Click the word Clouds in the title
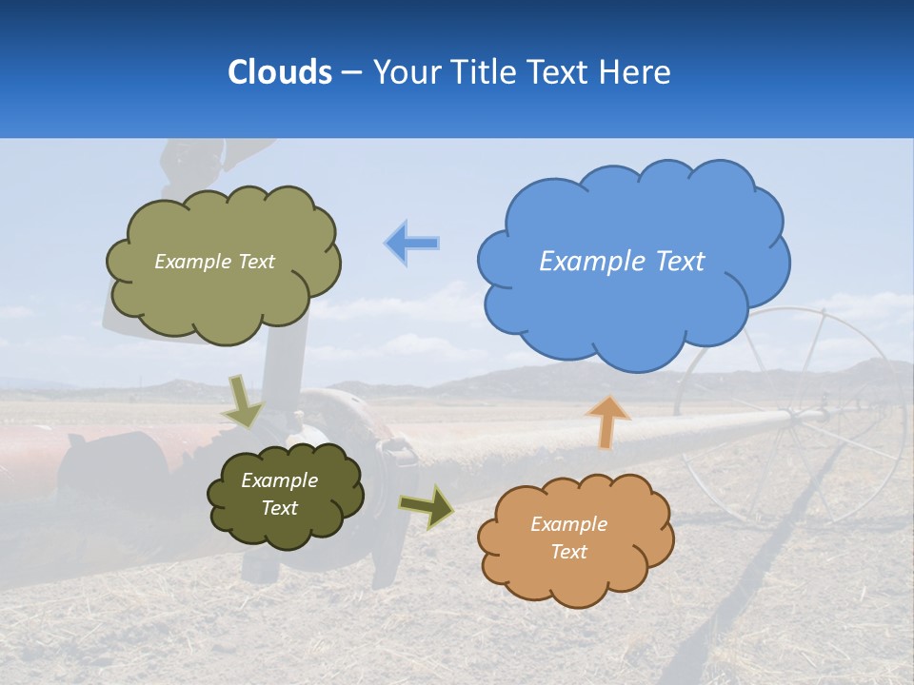(x=280, y=72)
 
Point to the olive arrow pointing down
(x=244, y=401)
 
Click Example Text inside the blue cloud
(x=622, y=262)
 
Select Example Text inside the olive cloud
(x=214, y=262)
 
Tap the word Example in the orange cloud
(x=568, y=524)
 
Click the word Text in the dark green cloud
(x=279, y=508)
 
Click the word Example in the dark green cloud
(x=279, y=480)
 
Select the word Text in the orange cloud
(x=568, y=552)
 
